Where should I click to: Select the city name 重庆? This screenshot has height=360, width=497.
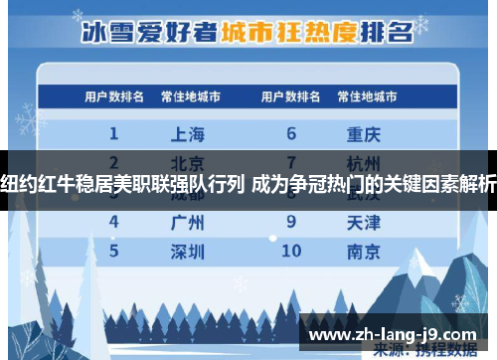coord(365,133)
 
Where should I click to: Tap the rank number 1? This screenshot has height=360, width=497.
coord(114,133)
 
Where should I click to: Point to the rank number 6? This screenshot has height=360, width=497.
coord(291,133)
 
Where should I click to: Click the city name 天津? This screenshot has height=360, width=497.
coord(365,222)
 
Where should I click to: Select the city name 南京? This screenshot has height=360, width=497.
coord(365,251)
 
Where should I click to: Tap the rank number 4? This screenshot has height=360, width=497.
coord(114,222)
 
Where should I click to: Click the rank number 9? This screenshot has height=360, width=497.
coord(291,222)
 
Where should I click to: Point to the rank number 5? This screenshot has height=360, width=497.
coord(114,251)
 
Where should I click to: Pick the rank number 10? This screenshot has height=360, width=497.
coord(291,251)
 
